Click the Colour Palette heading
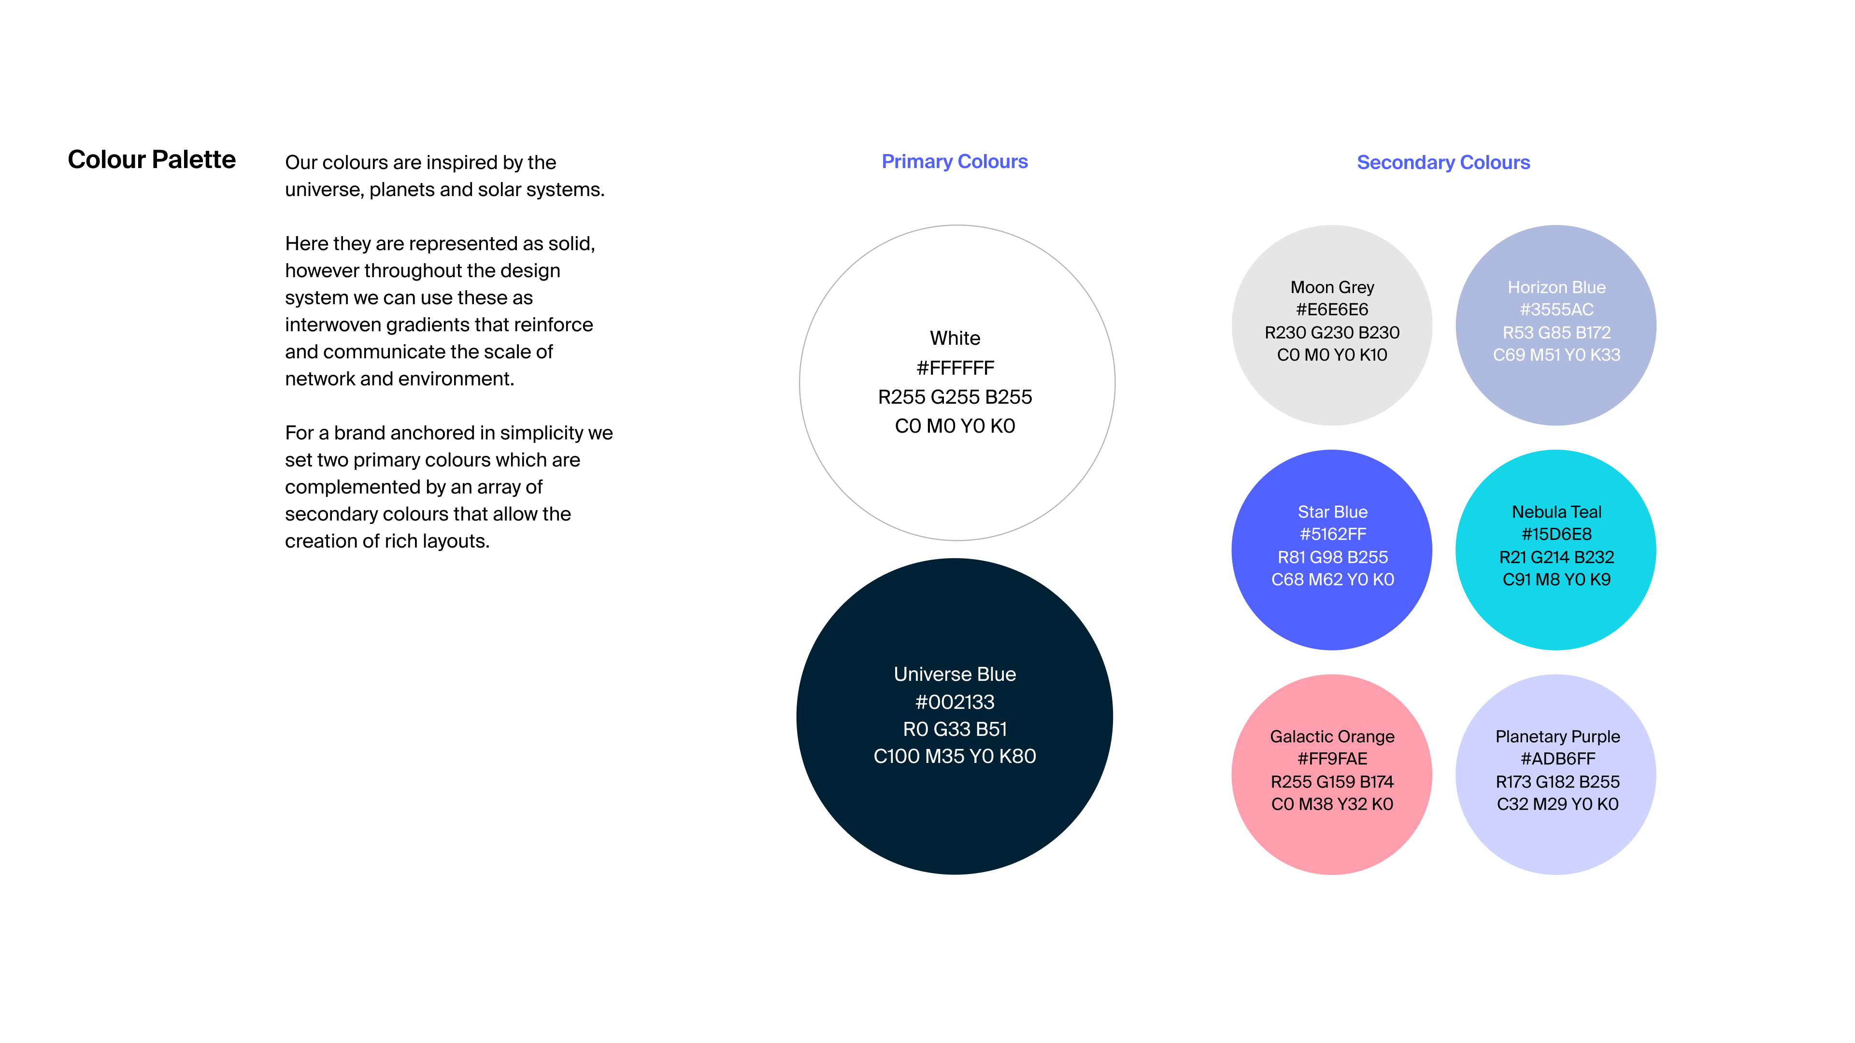(152, 159)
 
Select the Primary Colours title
(955, 162)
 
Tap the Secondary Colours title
(1443, 163)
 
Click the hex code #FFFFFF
(955, 368)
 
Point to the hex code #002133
(955, 702)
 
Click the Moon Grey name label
(1332, 287)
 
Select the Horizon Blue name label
(1556, 287)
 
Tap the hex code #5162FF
(1332, 534)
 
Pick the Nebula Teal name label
(1556, 512)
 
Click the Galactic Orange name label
(1332, 736)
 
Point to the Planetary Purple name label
(1557, 736)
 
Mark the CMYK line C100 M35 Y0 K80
(955, 756)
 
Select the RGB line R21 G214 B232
(1556, 557)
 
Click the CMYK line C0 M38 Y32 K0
(1332, 804)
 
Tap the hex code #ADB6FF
(1557, 759)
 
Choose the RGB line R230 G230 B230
(1332, 333)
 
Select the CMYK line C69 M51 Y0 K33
(1556, 355)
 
